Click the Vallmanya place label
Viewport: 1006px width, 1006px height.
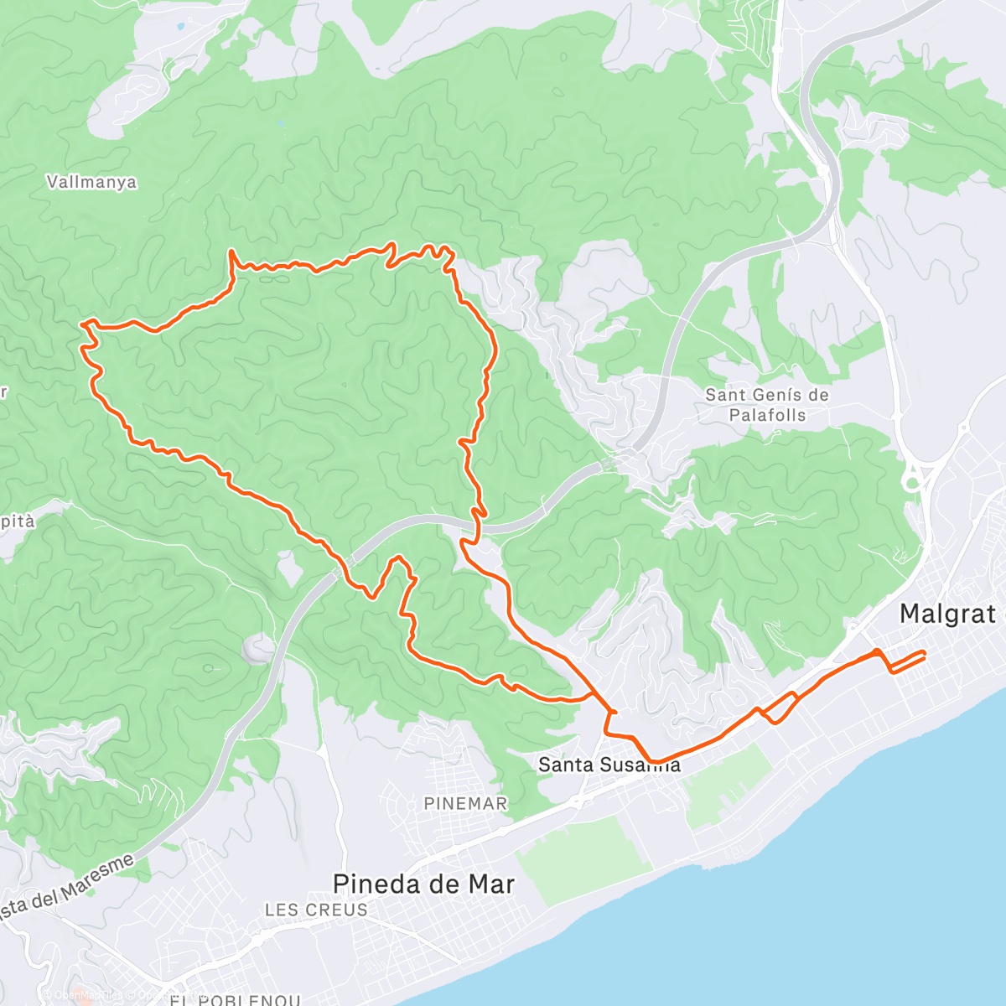[91, 182]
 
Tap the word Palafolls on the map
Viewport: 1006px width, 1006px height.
[767, 415]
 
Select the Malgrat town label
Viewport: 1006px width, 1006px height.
[947, 614]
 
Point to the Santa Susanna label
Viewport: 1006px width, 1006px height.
[609, 765]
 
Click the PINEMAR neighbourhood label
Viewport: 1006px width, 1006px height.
[465, 803]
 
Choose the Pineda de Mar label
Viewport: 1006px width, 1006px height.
[423, 884]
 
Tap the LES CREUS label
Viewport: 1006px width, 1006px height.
[316, 910]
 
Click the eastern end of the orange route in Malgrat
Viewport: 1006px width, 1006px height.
[924, 652]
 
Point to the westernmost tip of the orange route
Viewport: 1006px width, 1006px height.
[81, 322]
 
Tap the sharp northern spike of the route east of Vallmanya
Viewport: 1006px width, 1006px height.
[231, 251]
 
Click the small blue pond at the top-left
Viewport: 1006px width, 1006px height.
[178, 26]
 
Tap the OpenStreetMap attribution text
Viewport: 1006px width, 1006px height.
[92, 995]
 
